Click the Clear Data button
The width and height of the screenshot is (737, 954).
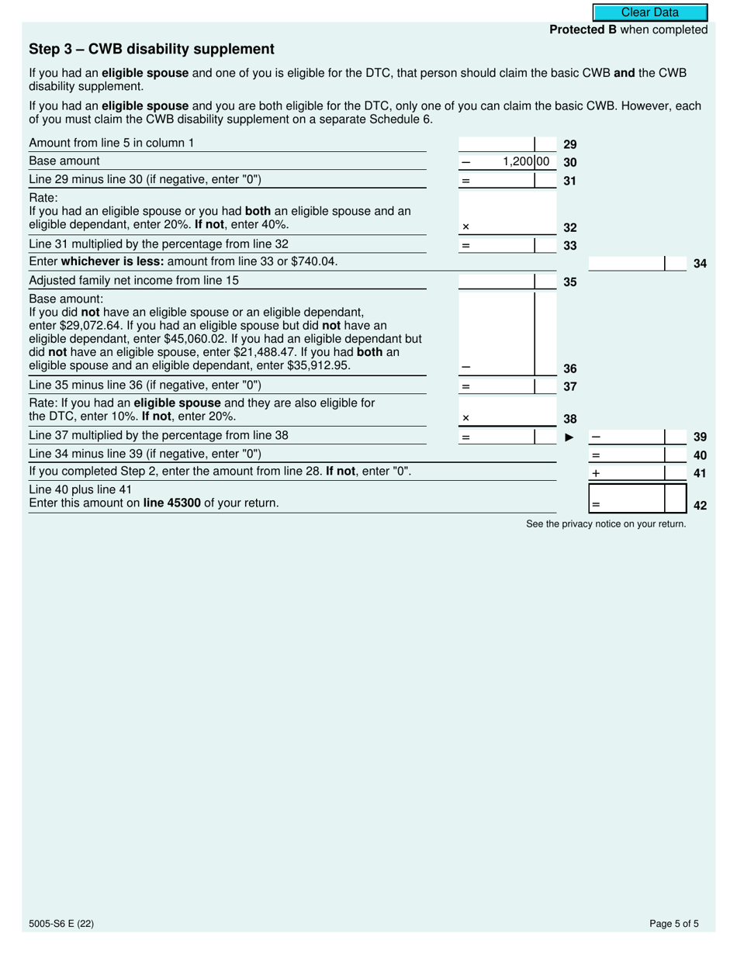650,12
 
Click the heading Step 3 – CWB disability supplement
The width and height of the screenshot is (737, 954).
151,50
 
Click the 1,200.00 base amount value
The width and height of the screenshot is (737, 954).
525,162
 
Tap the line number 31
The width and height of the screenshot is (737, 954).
569,181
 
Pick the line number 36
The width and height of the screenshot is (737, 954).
569,369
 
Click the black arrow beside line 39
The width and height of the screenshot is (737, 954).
569,437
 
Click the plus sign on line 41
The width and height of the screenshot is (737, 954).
596,473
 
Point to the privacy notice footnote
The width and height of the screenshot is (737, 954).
606,524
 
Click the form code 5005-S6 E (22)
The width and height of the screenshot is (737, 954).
61,924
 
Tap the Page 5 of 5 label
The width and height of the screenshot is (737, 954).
674,924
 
